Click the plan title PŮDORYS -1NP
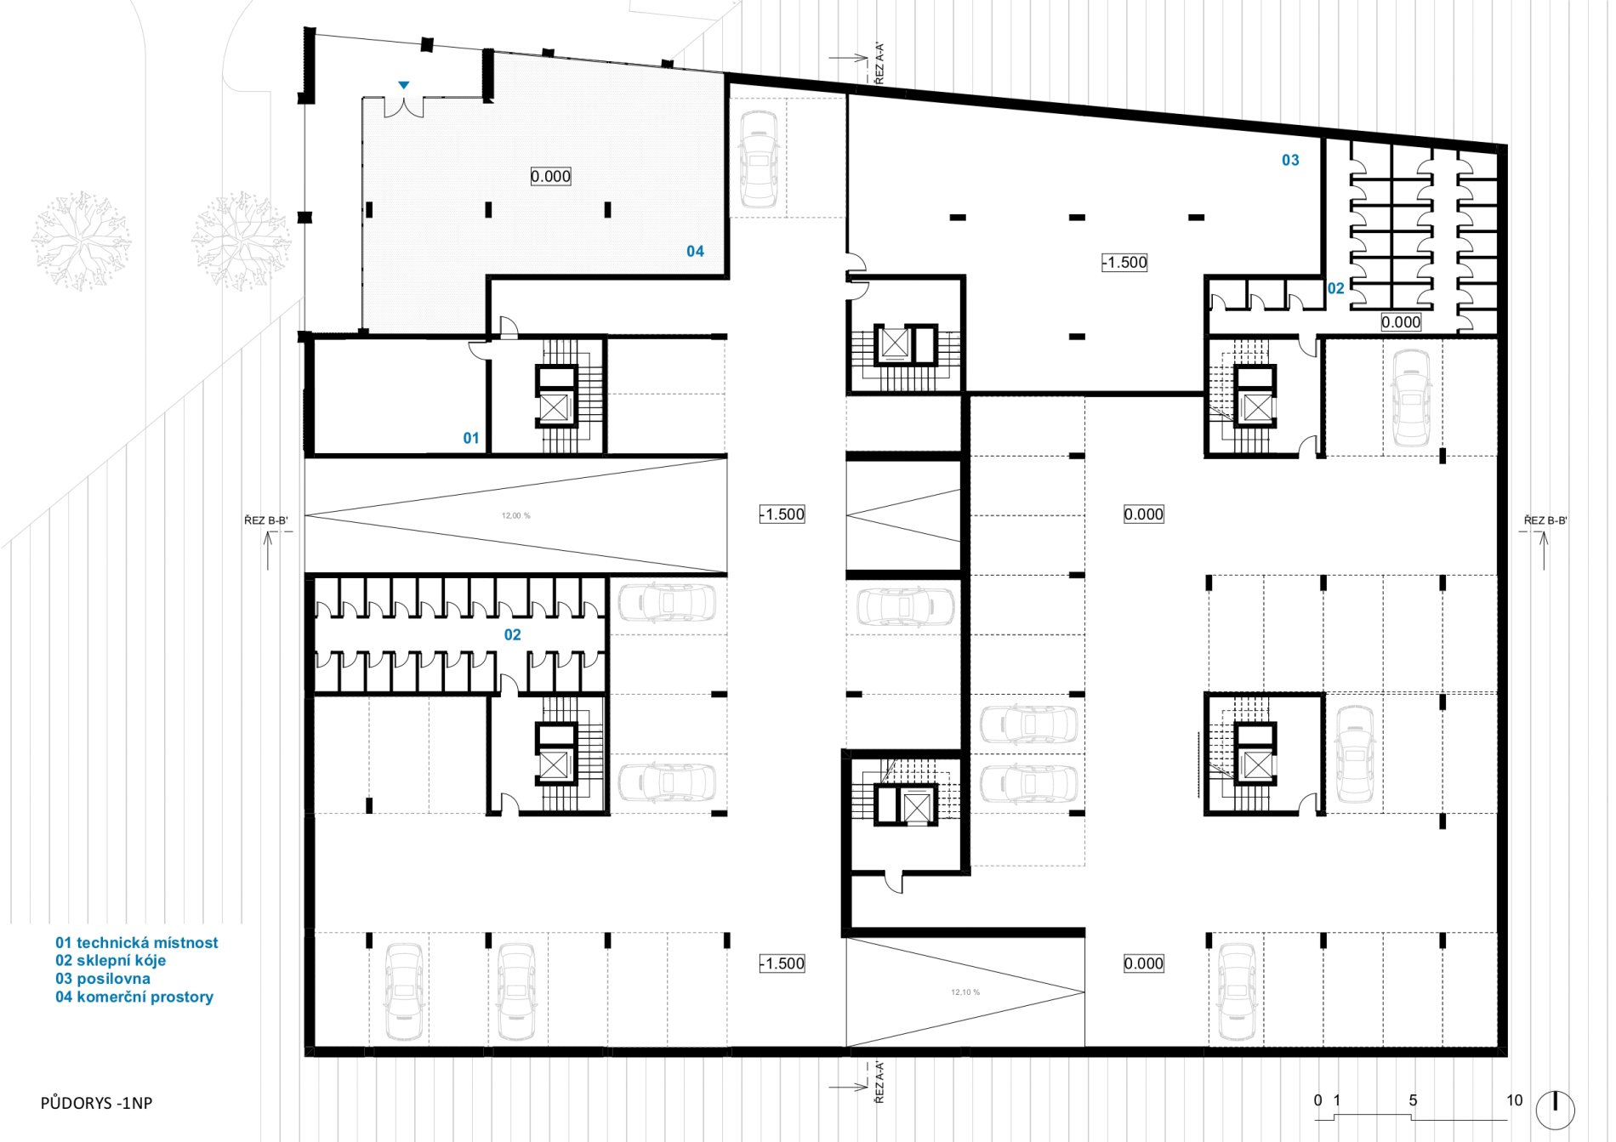pyautogui.click(x=96, y=1103)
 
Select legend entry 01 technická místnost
pyautogui.click(x=137, y=942)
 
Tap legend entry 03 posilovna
pyautogui.click(x=103, y=979)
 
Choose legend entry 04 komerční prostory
pyautogui.click(x=134, y=997)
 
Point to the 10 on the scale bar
pyautogui.click(x=1515, y=1100)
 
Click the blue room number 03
pyautogui.click(x=1290, y=160)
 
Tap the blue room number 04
pyautogui.click(x=695, y=251)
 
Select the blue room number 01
pyautogui.click(x=471, y=438)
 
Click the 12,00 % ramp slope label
pyautogui.click(x=516, y=515)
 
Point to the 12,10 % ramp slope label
pyautogui.click(x=965, y=992)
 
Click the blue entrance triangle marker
pyautogui.click(x=404, y=85)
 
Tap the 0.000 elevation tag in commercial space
pyautogui.click(x=550, y=176)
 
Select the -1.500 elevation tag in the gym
pyautogui.click(x=1124, y=263)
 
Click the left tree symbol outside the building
pyautogui.click(x=82, y=241)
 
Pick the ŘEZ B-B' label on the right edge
pyautogui.click(x=1545, y=520)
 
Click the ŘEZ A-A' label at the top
pyautogui.click(x=879, y=63)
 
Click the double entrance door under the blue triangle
pyautogui.click(x=404, y=108)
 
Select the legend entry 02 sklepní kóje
pyautogui.click(x=111, y=960)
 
